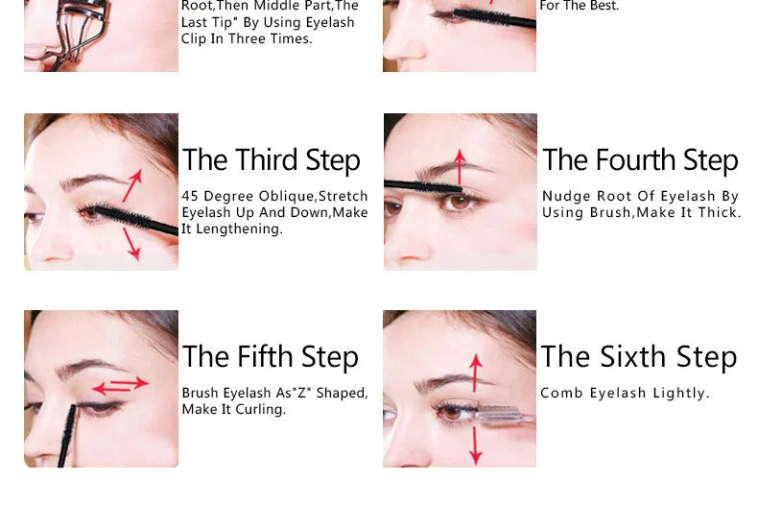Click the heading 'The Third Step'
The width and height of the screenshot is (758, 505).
click(272, 160)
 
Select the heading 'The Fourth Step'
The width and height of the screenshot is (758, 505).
click(640, 160)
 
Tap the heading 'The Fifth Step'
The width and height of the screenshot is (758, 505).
click(271, 357)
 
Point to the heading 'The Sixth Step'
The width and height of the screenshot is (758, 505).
click(639, 357)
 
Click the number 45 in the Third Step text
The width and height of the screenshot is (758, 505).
click(190, 197)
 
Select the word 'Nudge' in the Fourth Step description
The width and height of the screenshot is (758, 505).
click(563, 197)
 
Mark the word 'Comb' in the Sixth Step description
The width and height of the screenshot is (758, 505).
click(559, 393)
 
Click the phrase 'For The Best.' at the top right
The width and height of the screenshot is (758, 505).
click(580, 6)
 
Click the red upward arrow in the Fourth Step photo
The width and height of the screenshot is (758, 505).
click(460, 166)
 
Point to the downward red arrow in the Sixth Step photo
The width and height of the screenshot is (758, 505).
click(475, 444)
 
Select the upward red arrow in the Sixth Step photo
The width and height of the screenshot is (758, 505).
click(475, 373)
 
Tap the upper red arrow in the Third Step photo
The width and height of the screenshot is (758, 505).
click(132, 184)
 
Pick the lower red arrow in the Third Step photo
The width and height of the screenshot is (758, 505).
click(131, 244)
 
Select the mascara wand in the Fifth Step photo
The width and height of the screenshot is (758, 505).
click(67, 437)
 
